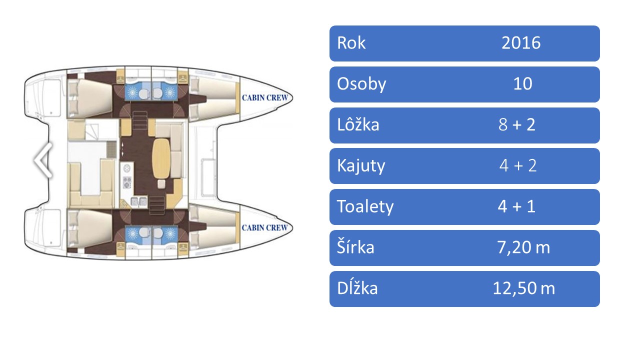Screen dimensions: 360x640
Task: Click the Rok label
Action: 351,43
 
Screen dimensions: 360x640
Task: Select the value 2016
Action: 521,43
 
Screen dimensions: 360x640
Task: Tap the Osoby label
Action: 361,84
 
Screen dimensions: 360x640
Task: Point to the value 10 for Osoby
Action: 522,84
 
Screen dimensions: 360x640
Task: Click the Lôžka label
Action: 358,125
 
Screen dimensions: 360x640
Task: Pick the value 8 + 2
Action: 516,125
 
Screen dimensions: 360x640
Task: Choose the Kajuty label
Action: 361,165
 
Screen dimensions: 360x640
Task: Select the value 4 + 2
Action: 517,165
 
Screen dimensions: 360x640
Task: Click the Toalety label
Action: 365,206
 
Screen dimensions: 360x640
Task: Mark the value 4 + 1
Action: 516,206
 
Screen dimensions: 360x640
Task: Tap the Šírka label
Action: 355,247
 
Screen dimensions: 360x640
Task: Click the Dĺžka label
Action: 357,288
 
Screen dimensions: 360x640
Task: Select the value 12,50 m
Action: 523,288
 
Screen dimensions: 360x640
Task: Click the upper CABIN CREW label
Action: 264,97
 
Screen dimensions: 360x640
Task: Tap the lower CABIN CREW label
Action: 264,227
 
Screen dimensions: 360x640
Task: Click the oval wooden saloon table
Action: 160,157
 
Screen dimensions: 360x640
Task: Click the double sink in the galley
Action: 137,201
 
